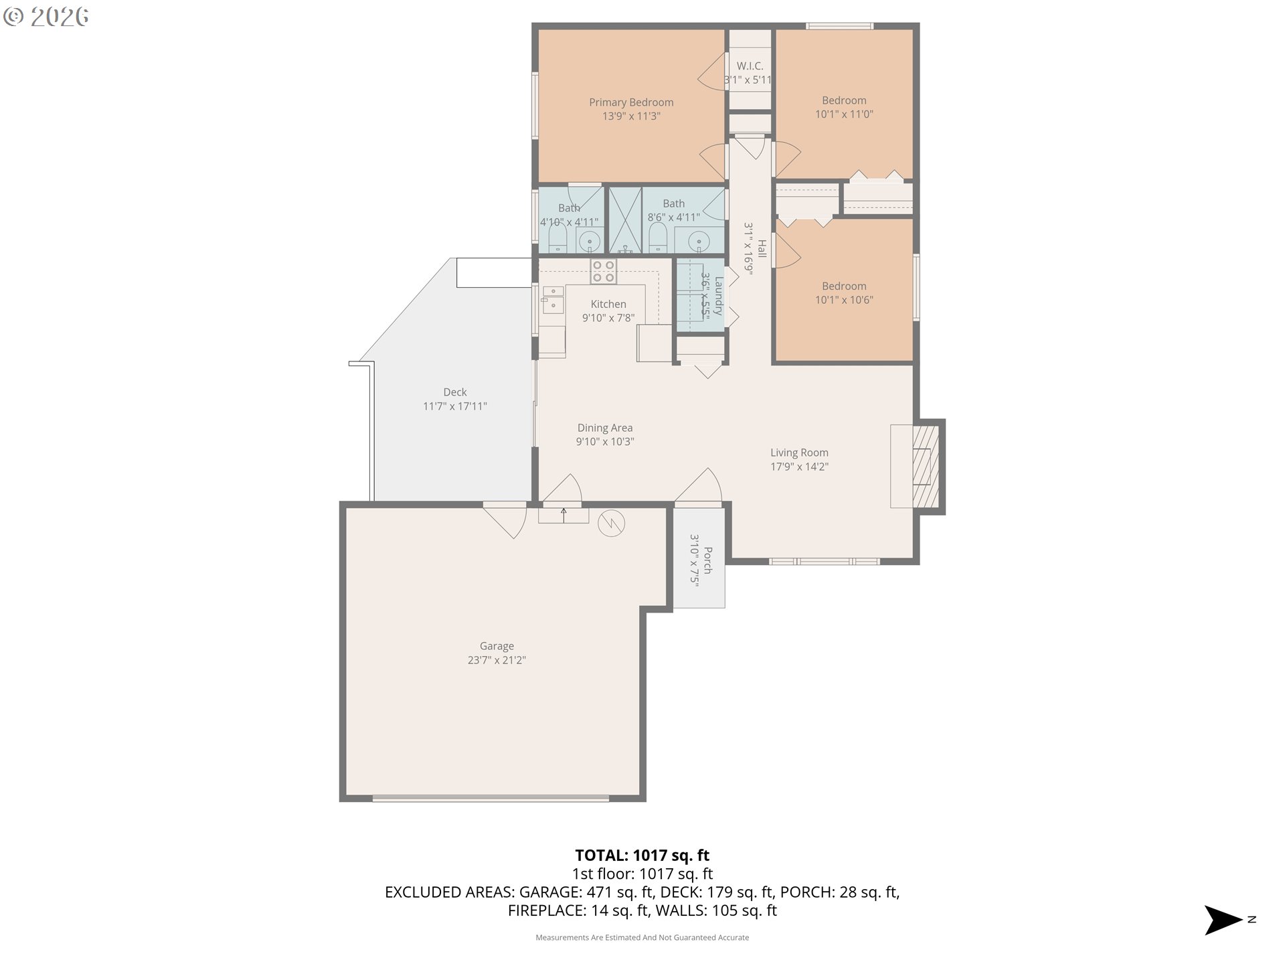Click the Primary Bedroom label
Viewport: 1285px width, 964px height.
pos(631,102)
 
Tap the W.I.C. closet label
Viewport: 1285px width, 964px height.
pos(750,66)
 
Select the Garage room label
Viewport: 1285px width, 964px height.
pos(497,646)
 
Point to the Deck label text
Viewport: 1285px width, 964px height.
pos(455,392)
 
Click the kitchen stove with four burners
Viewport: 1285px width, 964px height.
pos(603,271)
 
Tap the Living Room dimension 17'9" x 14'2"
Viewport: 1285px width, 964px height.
pos(799,467)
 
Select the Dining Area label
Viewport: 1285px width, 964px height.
pos(605,428)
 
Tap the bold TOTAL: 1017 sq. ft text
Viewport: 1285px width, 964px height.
pos(642,856)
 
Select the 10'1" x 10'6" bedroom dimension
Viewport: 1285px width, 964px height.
pos(844,300)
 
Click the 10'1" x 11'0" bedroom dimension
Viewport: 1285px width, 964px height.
pos(844,114)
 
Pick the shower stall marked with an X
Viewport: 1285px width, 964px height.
pos(625,220)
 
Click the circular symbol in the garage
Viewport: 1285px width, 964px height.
pos(611,524)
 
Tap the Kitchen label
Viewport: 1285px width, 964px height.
pos(608,304)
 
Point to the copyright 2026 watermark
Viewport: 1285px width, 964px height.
pos(46,17)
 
